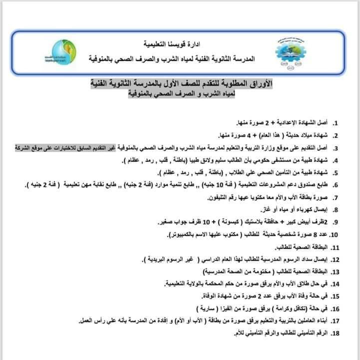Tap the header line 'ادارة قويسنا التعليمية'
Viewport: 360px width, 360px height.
[174, 44]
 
